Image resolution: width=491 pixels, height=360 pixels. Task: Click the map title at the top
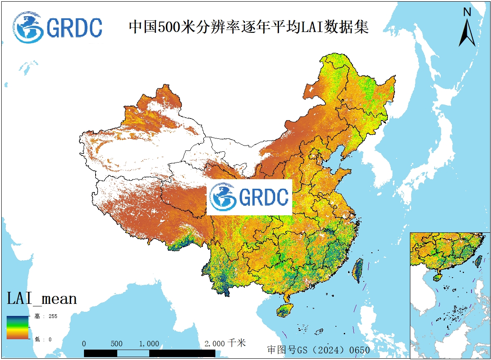point(249,27)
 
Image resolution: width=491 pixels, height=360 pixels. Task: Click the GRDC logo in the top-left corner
point(57,27)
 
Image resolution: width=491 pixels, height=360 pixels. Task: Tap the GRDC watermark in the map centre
point(249,197)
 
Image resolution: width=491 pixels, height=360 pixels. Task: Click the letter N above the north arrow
point(467,12)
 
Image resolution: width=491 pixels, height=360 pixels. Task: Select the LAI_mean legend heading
point(42,298)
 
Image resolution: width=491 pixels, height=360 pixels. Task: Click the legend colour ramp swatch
point(17,327)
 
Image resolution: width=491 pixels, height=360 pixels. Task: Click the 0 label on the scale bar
point(84,344)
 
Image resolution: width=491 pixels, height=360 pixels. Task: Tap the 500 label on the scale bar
point(117,344)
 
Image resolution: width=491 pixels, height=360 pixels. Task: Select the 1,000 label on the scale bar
point(149,344)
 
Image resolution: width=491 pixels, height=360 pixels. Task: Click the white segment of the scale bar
point(133,353)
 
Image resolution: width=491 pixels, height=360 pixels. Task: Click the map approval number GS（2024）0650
point(318,350)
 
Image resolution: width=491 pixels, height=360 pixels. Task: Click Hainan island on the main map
point(285,310)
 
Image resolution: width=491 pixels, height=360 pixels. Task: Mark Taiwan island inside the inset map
point(479,261)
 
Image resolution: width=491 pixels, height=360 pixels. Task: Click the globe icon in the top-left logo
point(28,27)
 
